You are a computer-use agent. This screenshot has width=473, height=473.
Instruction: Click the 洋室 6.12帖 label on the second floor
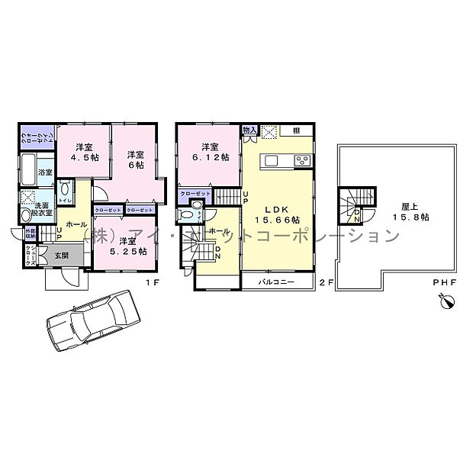[x=210, y=152]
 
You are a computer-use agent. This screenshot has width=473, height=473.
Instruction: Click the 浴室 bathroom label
[x=45, y=172]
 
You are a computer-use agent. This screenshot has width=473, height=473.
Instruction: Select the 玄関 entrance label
[x=61, y=256]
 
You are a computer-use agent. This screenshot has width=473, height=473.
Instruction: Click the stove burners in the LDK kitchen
[x=303, y=160]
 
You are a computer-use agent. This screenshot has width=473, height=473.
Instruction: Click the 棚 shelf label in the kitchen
[x=294, y=130]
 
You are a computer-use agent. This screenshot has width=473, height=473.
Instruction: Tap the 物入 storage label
[x=249, y=130]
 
